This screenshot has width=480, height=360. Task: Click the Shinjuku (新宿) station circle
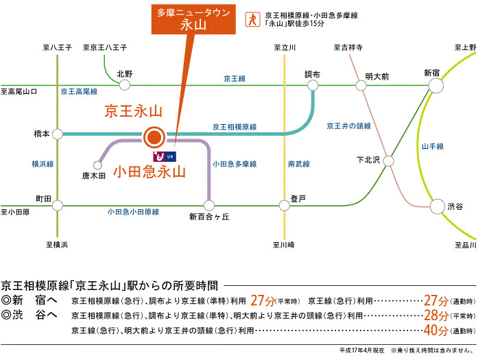(437, 85)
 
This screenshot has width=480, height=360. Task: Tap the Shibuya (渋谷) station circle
(437, 205)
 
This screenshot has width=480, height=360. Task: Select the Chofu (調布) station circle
(313, 85)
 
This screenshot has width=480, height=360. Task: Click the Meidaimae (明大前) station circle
(361, 85)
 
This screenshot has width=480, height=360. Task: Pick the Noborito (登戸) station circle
(283, 204)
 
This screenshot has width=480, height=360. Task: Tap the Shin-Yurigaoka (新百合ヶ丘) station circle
(209, 204)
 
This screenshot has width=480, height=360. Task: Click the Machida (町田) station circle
(58, 204)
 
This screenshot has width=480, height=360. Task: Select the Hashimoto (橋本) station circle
(58, 134)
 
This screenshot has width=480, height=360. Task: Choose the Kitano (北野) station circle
(125, 85)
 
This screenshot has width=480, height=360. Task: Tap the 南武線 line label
(298, 164)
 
